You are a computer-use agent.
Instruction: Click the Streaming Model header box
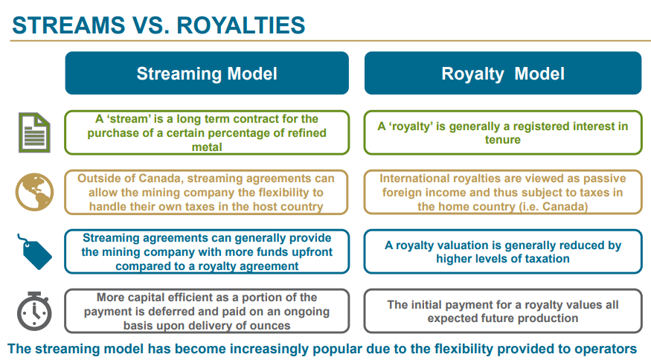207,74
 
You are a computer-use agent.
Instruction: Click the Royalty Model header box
503,74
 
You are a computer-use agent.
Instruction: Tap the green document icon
34,132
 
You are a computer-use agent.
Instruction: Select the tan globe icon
34,190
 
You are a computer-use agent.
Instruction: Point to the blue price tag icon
34,251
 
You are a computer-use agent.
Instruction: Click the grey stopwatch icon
34,309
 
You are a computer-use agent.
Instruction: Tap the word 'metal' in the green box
207,147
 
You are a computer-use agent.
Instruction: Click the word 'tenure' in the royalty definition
503,140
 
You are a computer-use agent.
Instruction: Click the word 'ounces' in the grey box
267,325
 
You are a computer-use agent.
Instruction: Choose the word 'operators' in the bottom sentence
606,348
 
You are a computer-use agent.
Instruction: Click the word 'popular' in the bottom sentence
339,348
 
